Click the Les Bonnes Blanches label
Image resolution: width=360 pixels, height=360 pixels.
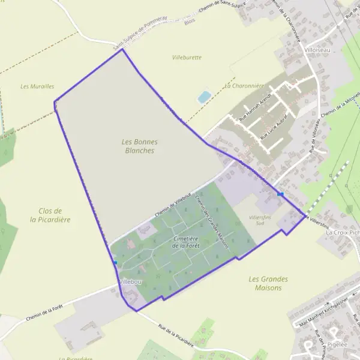(x=139, y=146)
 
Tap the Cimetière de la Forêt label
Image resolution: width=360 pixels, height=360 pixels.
(x=185, y=242)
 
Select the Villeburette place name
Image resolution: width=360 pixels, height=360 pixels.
(x=187, y=58)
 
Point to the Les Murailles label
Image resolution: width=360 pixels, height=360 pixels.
(x=37, y=86)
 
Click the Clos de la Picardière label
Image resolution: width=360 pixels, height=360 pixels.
(x=50, y=215)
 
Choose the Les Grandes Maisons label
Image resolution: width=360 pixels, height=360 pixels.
(x=268, y=283)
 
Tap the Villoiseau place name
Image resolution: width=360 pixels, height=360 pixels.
(x=318, y=50)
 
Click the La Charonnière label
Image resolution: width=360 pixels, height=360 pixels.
(x=244, y=86)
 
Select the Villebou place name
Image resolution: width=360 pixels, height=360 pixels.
(x=130, y=281)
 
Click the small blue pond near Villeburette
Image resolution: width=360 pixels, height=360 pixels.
(x=205, y=97)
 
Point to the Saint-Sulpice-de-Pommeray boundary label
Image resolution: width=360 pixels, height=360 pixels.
(x=139, y=35)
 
